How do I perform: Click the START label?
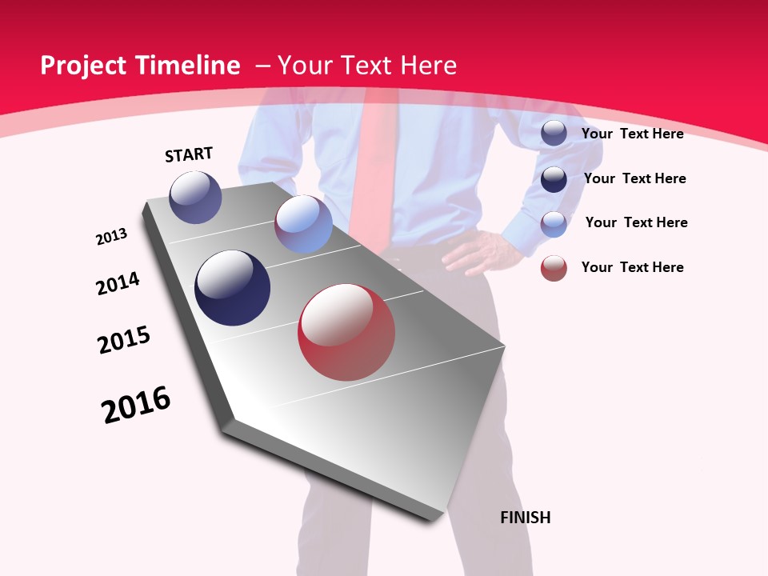pyautogui.click(x=189, y=154)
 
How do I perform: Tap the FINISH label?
pyautogui.click(x=526, y=518)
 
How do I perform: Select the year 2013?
pyautogui.click(x=111, y=237)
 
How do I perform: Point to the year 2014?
pyautogui.click(x=118, y=284)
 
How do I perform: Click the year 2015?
pyautogui.click(x=124, y=340)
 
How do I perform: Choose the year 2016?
pyautogui.click(x=136, y=405)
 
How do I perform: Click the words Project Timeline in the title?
pyautogui.click(x=140, y=66)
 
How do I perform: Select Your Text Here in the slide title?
pyautogui.click(x=366, y=66)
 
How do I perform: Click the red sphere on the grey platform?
pyautogui.click(x=346, y=332)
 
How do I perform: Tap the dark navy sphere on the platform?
pyautogui.click(x=233, y=288)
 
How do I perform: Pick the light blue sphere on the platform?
pyautogui.click(x=303, y=224)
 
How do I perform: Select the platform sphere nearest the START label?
pyautogui.click(x=195, y=197)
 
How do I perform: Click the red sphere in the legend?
pyautogui.click(x=554, y=268)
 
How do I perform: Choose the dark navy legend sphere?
pyautogui.click(x=554, y=179)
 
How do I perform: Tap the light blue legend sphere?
pyautogui.click(x=554, y=223)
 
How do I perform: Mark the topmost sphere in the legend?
pyautogui.click(x=554, y=133)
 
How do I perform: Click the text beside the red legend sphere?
pyautogui.click(x=632, y=267)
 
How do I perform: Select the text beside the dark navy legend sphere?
pyautogui.click(x=634, y=178)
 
